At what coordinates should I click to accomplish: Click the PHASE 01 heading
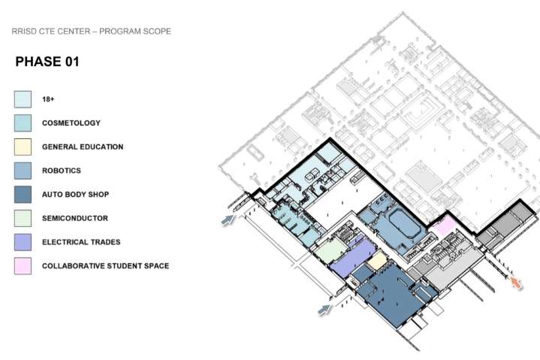pyautogui.click(x=47, y=62)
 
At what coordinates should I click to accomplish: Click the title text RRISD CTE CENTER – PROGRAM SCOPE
pyautogui.click(x=91, y=32)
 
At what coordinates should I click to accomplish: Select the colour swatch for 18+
pyautogui.click(x=23, y=98)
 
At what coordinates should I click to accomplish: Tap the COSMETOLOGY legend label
pyautogui.click(x=71, y=123)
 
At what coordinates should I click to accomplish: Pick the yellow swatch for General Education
pyautogui.click(x=23, y=147)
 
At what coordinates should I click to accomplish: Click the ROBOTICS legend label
pyautogui.click(x=62, y=171)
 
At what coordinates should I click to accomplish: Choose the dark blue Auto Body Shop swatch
pyautogui.click(x=23, y=195)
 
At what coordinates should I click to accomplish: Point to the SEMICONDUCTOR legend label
pyautogui.click(x=75, y=219)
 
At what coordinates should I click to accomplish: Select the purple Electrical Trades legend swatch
pyautogui.click(x=23, y=242)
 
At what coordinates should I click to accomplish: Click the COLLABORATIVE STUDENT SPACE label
pyautogui.click(x=105, y=266)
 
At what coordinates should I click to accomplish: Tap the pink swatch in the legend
pyautogui.click(x=23, y=266)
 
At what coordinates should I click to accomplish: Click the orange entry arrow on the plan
pyautogui.click(x=516, y=282)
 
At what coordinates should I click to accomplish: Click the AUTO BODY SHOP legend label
pyautogui.click(x=76, y=195)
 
